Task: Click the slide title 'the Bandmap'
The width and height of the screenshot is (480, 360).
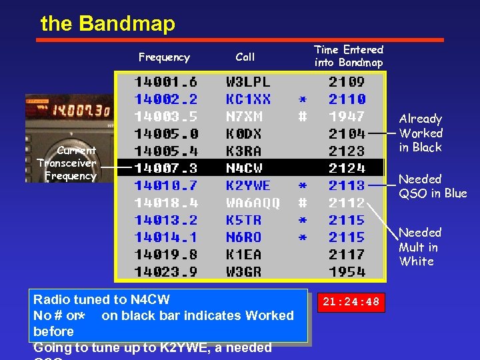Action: tap(107, 24)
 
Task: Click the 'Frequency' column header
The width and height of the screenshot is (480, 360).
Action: tap(164, 57)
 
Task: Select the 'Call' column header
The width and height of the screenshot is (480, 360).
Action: tap(245, 57)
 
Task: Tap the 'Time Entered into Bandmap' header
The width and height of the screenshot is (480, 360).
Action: tap(349, 56)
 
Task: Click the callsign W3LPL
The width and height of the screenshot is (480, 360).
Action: tap(248, 82)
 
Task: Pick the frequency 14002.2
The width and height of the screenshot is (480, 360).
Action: tap(166, 99)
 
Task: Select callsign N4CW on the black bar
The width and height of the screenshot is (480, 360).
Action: tap(244, 168)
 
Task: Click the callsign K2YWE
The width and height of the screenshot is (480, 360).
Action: tap(248, 185)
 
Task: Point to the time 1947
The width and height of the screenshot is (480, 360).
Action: tap(347, 117)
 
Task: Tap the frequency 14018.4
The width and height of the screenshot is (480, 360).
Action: tap(166, 203)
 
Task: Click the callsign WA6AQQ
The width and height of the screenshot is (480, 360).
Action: tap(253, 203)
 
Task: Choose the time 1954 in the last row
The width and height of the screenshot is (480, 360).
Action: tap(347, 271)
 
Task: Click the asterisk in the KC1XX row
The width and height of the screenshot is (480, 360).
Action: tap(302, 100)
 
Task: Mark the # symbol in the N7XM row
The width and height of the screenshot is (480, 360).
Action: tap(302, 117)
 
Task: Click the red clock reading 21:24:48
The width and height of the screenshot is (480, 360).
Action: tap(350, 302)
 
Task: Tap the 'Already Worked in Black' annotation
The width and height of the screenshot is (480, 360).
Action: tap(421, 133)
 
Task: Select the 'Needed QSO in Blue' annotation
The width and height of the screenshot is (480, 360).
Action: tap(433, 186)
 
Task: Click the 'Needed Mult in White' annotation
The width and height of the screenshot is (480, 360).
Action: tap(420, 247)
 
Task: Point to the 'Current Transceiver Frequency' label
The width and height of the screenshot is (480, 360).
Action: tap(67, 163)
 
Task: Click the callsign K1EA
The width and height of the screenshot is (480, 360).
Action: tap(244, 254)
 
